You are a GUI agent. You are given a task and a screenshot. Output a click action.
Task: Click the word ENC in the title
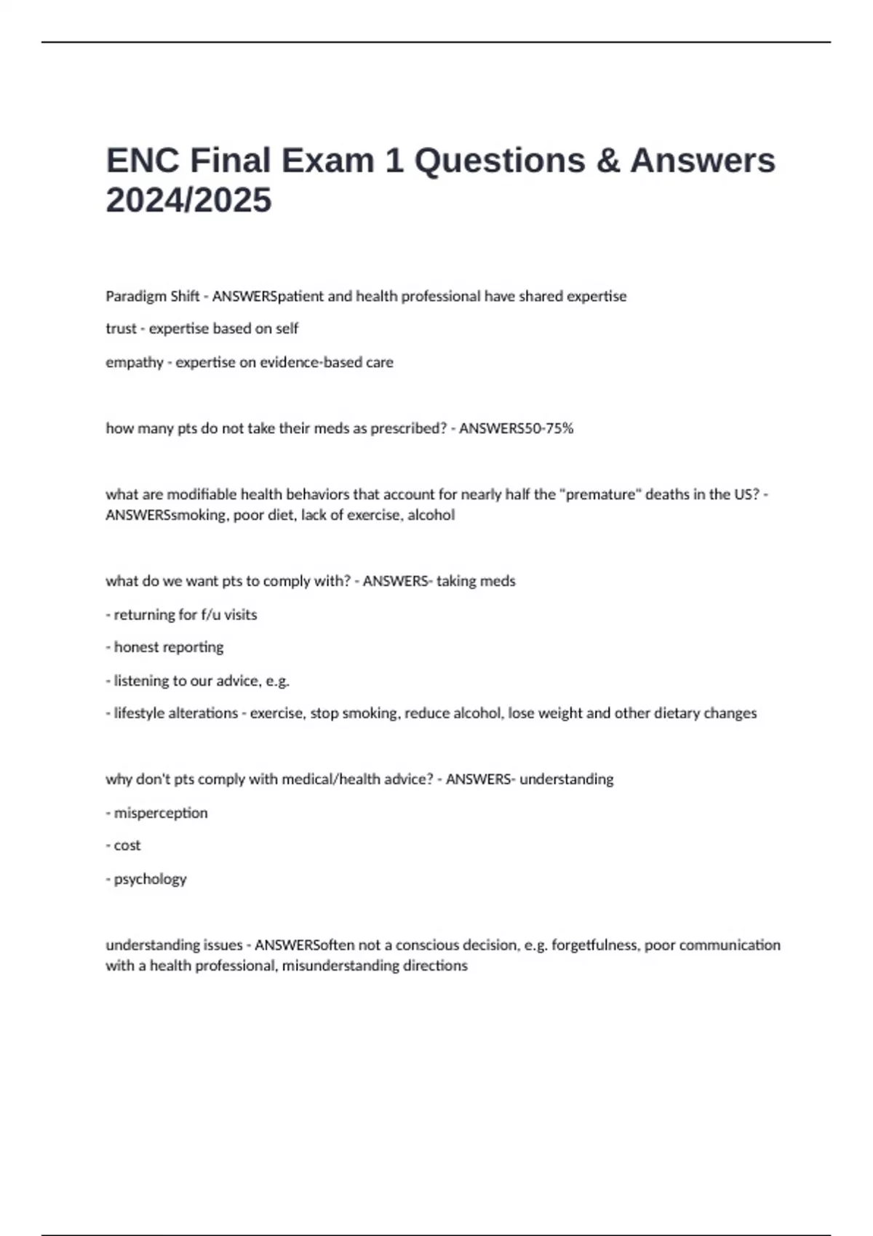pos(143,161)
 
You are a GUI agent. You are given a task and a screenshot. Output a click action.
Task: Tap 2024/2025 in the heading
pos(188,200)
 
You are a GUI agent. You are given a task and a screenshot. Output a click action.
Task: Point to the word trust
pos(121,329)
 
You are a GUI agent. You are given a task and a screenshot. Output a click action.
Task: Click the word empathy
pos(135,362)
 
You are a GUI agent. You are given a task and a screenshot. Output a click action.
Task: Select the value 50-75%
pos(549,428)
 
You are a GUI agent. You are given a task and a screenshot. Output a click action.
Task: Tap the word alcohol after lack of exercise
pos(431,515)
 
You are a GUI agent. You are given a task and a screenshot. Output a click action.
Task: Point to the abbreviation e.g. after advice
pos(277,681)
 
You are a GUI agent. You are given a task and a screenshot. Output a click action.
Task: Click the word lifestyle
pos(140,713)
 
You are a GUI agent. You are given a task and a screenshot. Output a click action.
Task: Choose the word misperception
pos(161,813)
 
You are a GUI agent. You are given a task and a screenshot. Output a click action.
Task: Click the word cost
pos(127,846)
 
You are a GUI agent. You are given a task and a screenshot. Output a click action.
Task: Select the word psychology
pos(150,879)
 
